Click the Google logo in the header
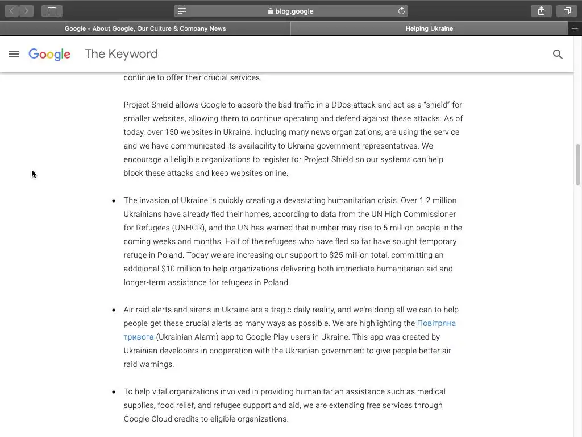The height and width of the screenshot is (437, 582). (49, 54)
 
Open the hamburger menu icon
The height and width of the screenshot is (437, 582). (14, 54)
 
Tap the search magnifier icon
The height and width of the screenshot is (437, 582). (558, 54)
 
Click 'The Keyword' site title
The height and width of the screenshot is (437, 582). (121, 54)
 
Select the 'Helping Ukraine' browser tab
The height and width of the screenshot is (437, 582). (429, 28)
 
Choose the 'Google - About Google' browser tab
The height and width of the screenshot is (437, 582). (145, 28)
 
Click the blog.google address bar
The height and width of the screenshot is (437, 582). (291, 11)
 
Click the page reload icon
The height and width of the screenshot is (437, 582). (401, 11)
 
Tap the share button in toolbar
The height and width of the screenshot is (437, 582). (541, 11)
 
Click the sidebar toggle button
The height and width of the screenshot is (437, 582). (52, 11)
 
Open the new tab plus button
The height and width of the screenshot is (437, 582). (575, 28)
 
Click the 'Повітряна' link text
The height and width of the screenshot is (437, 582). (436, 323)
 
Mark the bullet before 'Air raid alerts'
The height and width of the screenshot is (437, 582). (114, 310)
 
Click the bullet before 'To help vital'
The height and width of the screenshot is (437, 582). (114, 392)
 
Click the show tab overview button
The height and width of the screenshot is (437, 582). (567, 11)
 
